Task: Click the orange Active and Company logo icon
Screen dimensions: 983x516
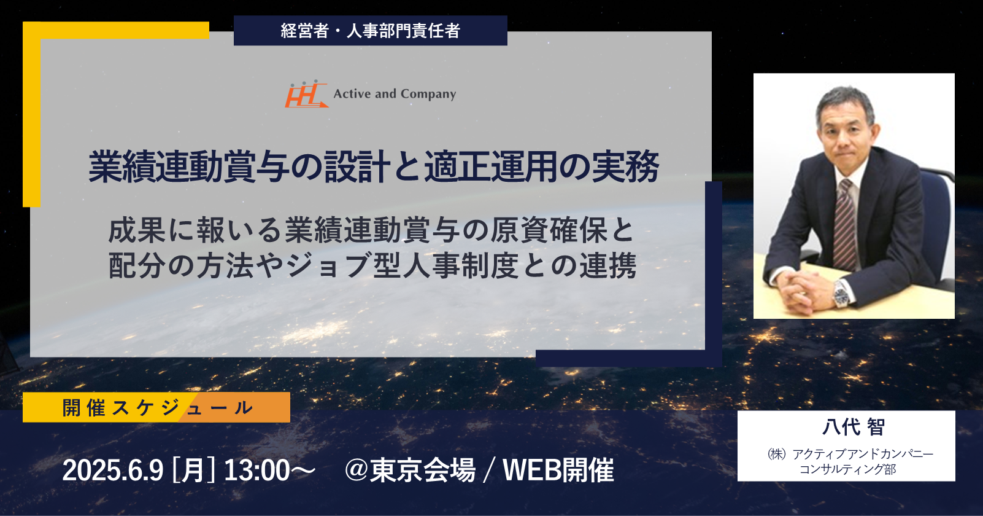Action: [307, 93]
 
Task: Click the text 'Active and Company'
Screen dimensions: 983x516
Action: [395, 94]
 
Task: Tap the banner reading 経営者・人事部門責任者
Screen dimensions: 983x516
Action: [371, 31]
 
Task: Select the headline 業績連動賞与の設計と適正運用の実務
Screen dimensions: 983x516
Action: [374, 166]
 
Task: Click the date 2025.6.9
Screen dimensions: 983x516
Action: [113, 471]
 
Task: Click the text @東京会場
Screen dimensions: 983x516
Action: [410, 471]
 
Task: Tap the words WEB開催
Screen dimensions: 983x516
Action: [558, 471]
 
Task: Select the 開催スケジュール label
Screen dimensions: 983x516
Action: [156, 407]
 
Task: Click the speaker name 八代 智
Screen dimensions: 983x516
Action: [854, 427]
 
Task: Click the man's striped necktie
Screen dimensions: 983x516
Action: [844, 224]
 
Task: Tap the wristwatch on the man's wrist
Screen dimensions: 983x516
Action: [842, 294]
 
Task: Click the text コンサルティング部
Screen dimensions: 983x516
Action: [847, 469]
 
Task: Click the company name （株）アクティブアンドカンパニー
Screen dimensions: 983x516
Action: [850, 453]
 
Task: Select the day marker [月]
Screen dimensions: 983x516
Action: [193, 471]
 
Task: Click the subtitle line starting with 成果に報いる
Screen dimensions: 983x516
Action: [371, 230]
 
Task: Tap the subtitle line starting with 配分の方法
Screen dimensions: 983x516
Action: [372, 266]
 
